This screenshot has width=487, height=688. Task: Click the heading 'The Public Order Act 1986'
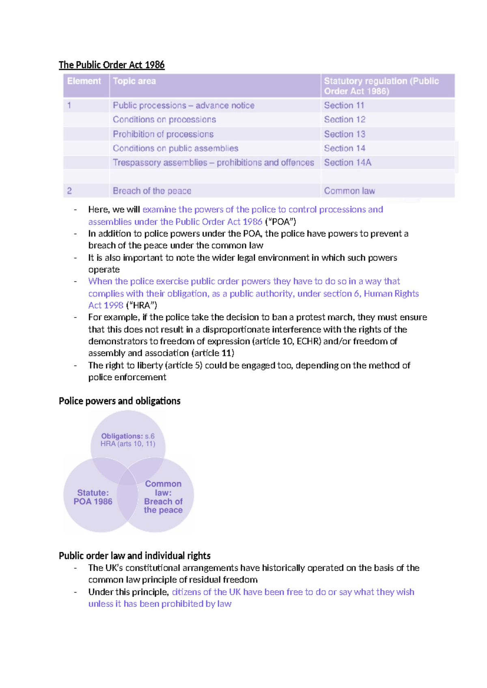coord(112,65)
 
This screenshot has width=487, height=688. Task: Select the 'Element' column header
coord(84,81)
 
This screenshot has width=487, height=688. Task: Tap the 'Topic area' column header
coord(134,81)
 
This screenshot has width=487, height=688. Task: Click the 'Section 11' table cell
coord(344,105)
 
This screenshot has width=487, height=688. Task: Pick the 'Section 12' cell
coord(345,120)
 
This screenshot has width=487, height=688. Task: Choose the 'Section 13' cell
coord(345,134)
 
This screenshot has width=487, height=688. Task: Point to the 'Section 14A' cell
coord(347,163)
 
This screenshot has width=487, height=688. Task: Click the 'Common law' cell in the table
coord(349,191)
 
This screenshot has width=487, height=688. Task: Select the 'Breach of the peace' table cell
coord(152,191)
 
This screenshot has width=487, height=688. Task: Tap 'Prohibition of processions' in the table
coord(163,134)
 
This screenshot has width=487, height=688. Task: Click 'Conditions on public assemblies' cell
coord(175,148)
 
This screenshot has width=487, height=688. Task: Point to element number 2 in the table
coord(69,191)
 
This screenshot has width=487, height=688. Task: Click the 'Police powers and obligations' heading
coord(120,401)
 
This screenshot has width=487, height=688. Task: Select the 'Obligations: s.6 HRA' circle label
coord(128,440)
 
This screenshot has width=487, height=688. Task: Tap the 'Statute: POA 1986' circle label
coord(93,497)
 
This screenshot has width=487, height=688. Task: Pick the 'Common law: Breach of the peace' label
coord(163,497)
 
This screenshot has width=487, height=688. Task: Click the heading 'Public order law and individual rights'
coord(135,556)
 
